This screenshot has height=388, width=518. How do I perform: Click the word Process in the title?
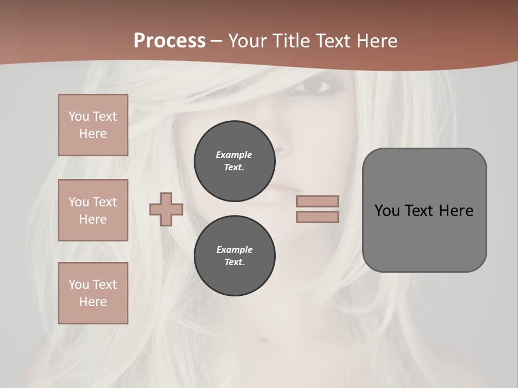[x=169, y=40]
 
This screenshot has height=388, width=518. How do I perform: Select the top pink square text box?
[x=93, y=125]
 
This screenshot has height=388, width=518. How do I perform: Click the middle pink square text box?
[x=93, y=210]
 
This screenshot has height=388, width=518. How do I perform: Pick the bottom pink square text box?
[x=93, y=293]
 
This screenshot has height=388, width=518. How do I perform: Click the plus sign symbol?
[x=166, y=209]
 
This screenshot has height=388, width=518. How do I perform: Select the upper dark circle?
[x=234, y=161]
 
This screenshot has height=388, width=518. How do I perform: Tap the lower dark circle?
[x=234, y=255]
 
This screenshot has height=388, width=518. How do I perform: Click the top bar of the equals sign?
[x=317, y=201]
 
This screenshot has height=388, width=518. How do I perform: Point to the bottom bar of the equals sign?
[x=317, y=217]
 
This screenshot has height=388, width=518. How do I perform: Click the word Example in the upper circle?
[x=234, y=155]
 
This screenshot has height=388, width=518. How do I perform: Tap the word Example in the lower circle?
[x=234, y=250]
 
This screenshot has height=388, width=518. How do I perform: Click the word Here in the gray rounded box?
[x=456, y=211]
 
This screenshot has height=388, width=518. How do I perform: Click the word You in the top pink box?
[x=78, y=116]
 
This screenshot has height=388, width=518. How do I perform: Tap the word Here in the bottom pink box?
[x=93, y=302]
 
